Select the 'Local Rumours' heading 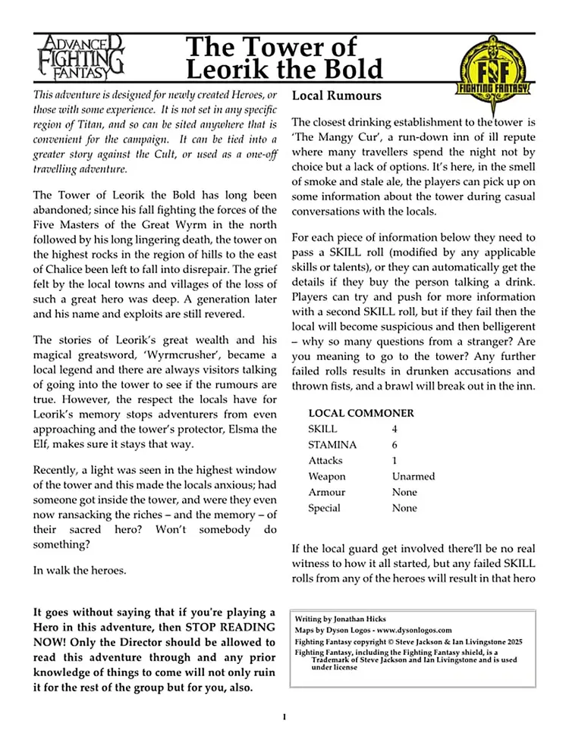[x=337, y=96]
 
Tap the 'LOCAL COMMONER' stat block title [x=361, y=413]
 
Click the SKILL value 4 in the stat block [x=395, y=429]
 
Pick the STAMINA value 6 [x=395, y=445]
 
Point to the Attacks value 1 [x=395, y=461]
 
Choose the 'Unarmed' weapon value [x=413, y=477]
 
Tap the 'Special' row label [x=324, y=509]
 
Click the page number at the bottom [x=284, y=716]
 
